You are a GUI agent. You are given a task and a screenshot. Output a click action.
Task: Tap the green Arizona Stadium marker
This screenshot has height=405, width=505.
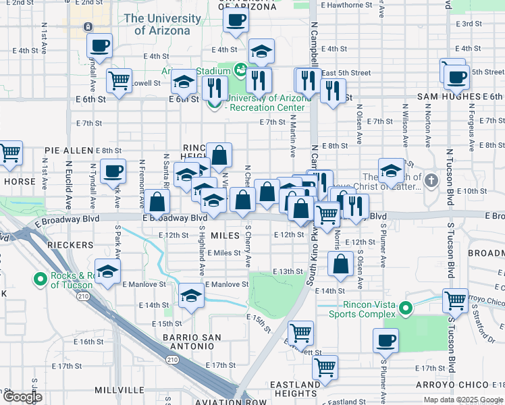pyautogui.click(x=240, y=69)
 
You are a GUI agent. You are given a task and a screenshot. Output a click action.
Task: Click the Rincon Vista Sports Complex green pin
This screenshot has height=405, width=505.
pyautogui.click(x=405, y=308)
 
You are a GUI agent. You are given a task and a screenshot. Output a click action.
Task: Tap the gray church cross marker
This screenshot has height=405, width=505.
pyautogui.click(x=432, y=180)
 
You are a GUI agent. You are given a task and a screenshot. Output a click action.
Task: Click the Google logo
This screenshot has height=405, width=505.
pyautogui.click(x=22, y=397)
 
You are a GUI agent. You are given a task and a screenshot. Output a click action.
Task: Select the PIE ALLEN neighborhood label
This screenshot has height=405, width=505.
pyautogui.click(x=69, y=150)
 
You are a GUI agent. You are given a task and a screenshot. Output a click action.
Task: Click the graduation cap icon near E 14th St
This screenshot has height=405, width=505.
pyautogui.click(x=192, y=295)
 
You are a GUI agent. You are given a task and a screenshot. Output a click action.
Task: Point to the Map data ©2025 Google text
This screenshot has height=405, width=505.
pyautogui.click(x=463, y=400)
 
